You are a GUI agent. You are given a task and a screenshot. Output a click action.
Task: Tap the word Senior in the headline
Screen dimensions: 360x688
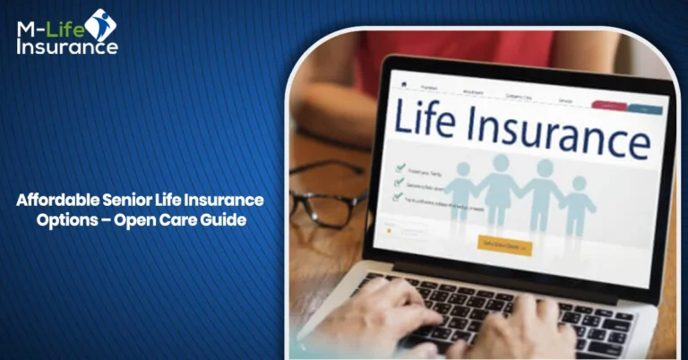126,200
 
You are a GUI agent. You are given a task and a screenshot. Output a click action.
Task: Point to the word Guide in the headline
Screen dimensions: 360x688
224,220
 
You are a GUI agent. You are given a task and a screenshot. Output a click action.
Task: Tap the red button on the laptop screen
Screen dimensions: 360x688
608,105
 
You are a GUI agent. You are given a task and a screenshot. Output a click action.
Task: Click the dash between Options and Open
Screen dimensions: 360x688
119,221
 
